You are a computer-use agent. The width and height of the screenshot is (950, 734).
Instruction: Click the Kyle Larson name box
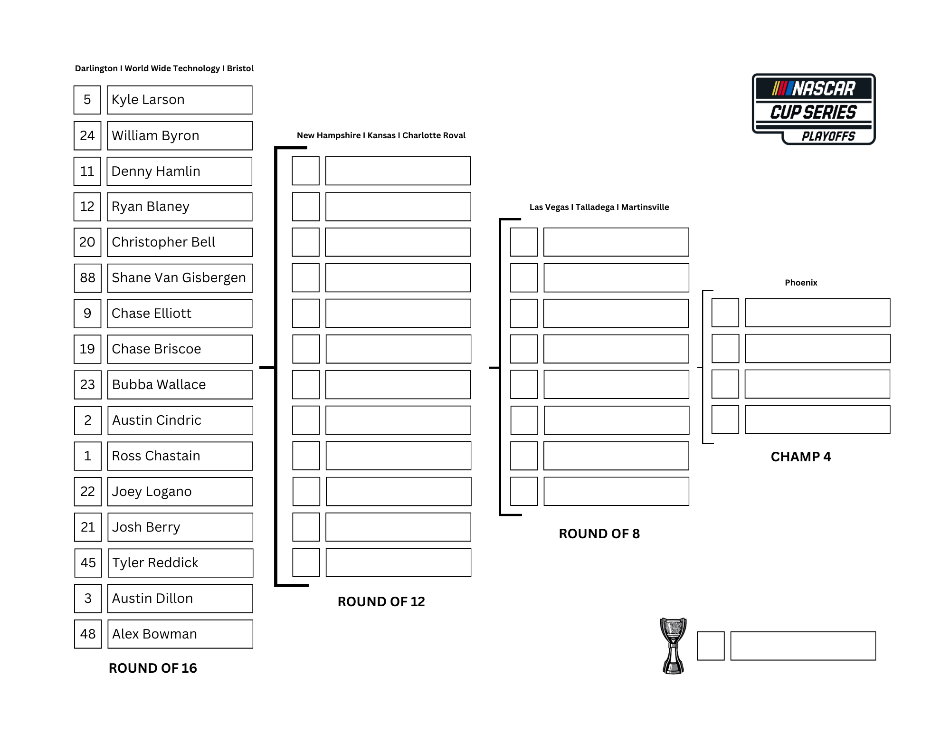click(180, 100)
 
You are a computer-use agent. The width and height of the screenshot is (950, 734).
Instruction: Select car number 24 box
click(87, 136)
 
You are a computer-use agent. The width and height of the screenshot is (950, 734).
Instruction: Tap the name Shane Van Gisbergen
click(180, 278)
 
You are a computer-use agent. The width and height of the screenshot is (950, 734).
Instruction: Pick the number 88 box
click(88, 278)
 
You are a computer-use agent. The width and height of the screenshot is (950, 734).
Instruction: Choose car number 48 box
click(88, 634)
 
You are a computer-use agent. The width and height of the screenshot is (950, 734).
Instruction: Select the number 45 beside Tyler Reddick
click(88, 563)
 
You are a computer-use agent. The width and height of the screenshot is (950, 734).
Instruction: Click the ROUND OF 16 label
click(152, 668)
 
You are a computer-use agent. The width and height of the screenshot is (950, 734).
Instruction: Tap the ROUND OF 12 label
click(381, 601)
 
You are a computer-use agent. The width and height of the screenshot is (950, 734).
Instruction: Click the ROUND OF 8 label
click(599, 534)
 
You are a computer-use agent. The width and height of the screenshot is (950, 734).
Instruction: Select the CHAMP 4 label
click(801, 457)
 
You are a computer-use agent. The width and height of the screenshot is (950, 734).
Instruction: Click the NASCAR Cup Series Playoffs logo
click(814, 109)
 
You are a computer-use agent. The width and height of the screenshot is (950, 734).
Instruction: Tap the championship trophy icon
click(673, 646)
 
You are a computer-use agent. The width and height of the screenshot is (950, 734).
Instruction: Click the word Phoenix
click(801, 283)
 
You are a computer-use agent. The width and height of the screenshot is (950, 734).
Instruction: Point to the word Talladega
click(595, 207)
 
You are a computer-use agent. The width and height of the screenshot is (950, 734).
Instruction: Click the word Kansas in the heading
click(381, 135)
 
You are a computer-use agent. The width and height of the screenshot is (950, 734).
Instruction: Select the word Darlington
click(96, 68)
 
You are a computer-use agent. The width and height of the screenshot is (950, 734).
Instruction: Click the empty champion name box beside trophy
click(803, 646)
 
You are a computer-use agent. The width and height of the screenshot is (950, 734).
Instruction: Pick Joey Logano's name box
click(180, 492)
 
